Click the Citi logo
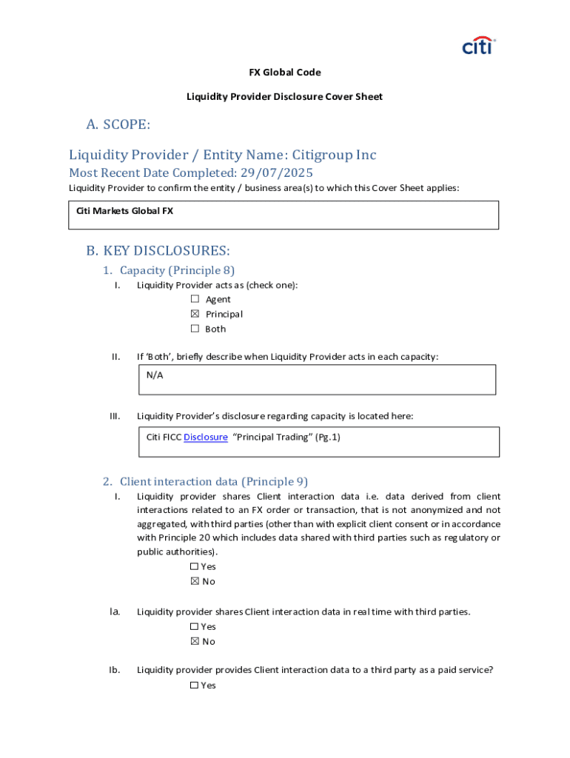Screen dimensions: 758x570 point(478,46)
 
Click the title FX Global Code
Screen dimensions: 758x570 point(284,73)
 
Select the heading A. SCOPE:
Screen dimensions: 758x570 point(118,124)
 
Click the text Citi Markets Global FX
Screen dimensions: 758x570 point(124,211)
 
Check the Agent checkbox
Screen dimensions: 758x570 point(195,299)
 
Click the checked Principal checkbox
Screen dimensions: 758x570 point(195,314)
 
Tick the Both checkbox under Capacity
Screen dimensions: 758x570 point(195,329)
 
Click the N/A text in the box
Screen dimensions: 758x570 point(155,375)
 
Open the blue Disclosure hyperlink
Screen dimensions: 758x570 point(205,437)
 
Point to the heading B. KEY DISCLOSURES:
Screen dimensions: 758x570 point(158,251)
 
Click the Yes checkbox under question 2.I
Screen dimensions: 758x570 point(194,567)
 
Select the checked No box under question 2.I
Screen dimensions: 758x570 point(195,582)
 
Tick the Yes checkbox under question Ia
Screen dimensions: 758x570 point(194,627)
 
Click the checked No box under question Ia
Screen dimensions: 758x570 point(195,642)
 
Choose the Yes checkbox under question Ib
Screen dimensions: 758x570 point(194,685)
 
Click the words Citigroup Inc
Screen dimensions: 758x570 point(334,155)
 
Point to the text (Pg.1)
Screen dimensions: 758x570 point(327,437)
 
